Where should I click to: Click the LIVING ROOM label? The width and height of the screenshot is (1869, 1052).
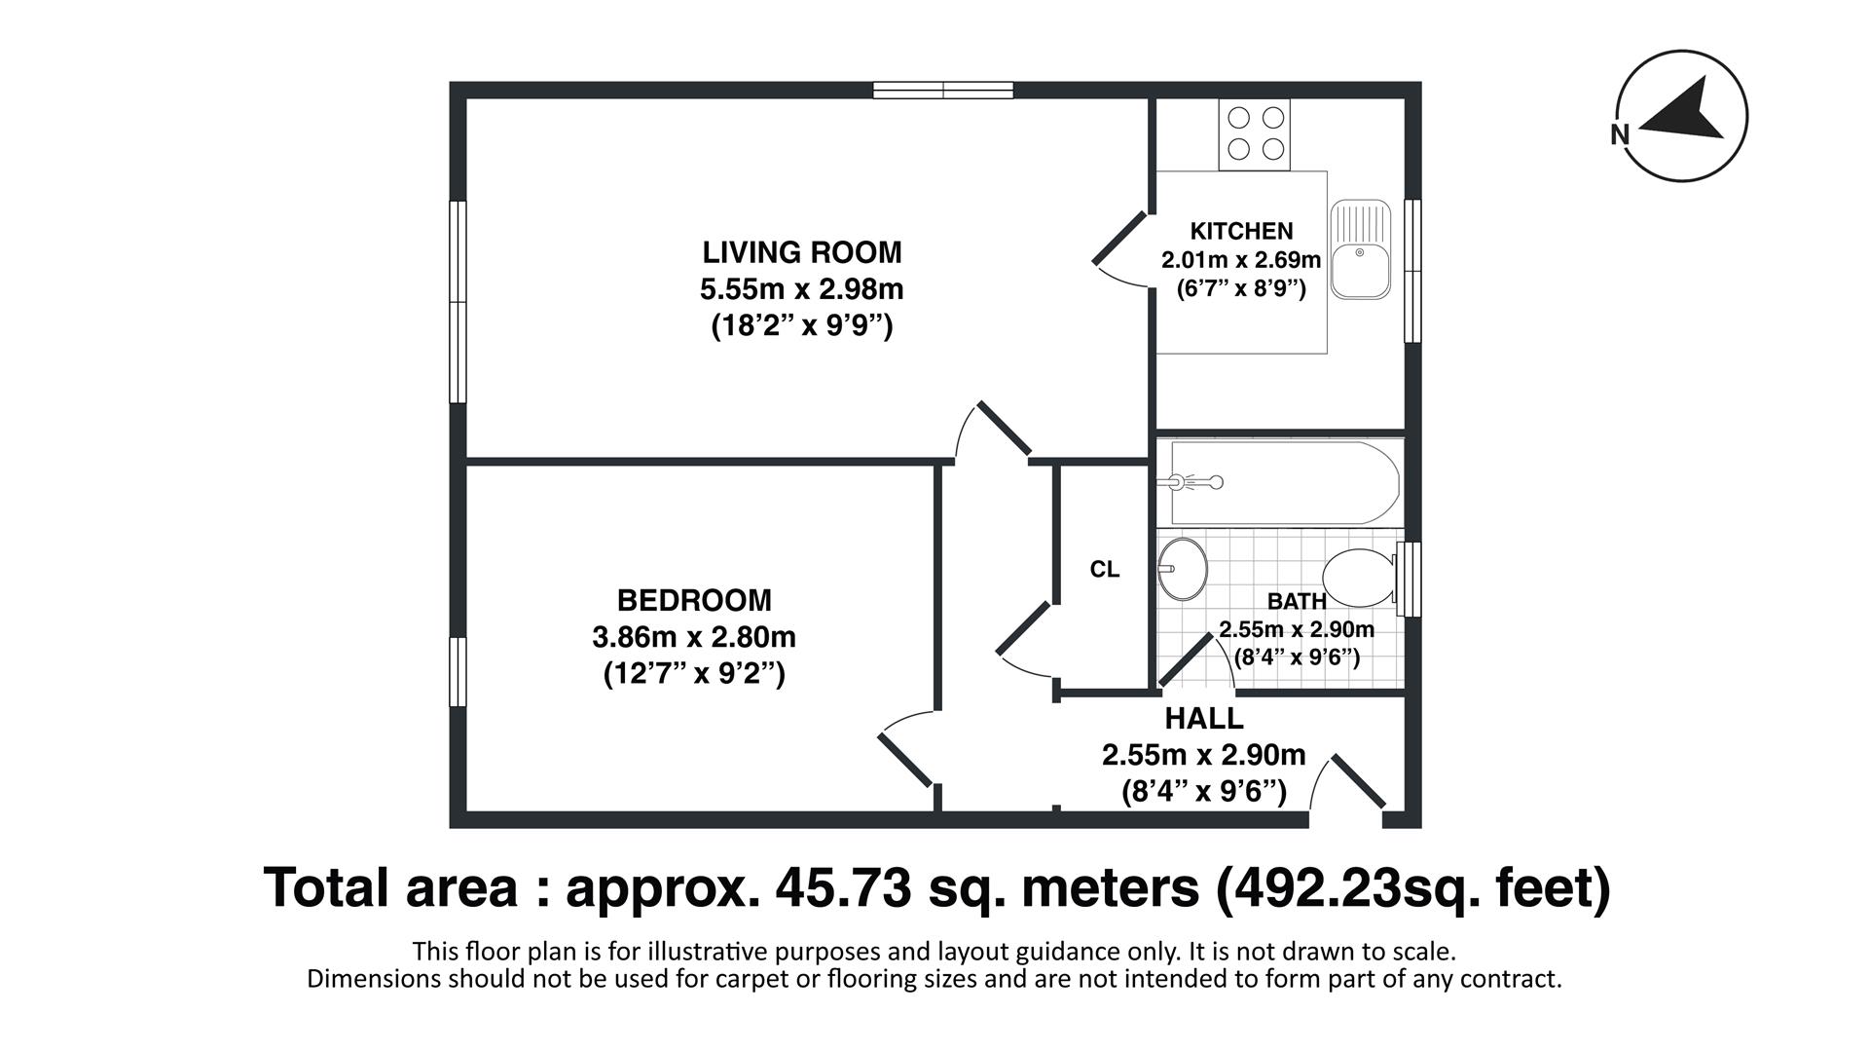(802, 252)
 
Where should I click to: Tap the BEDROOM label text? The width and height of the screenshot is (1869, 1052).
(694, 600)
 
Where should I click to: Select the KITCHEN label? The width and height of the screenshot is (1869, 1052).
(1241, 232)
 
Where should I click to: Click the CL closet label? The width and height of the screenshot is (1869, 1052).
(1104, 570)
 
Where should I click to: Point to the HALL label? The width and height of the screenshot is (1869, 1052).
(1204, 719)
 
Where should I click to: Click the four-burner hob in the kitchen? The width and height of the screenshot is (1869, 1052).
(1255, 133)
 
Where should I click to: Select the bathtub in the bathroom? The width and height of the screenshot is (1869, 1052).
(1283, 482)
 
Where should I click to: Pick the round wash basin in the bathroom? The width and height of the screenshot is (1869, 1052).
(1183, 568)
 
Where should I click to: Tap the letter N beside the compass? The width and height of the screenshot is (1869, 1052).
(1620, 135)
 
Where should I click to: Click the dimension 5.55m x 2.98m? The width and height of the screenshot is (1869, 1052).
(802, 289)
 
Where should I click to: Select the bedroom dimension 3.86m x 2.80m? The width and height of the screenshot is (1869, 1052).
(694, 637)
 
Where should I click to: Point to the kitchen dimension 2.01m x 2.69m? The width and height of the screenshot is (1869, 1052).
(1241, 260)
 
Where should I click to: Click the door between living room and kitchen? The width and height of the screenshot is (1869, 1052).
(1119, 240)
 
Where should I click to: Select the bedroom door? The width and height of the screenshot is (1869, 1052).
(906, 760)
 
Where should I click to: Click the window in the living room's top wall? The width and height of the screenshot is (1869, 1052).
(942, 91)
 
